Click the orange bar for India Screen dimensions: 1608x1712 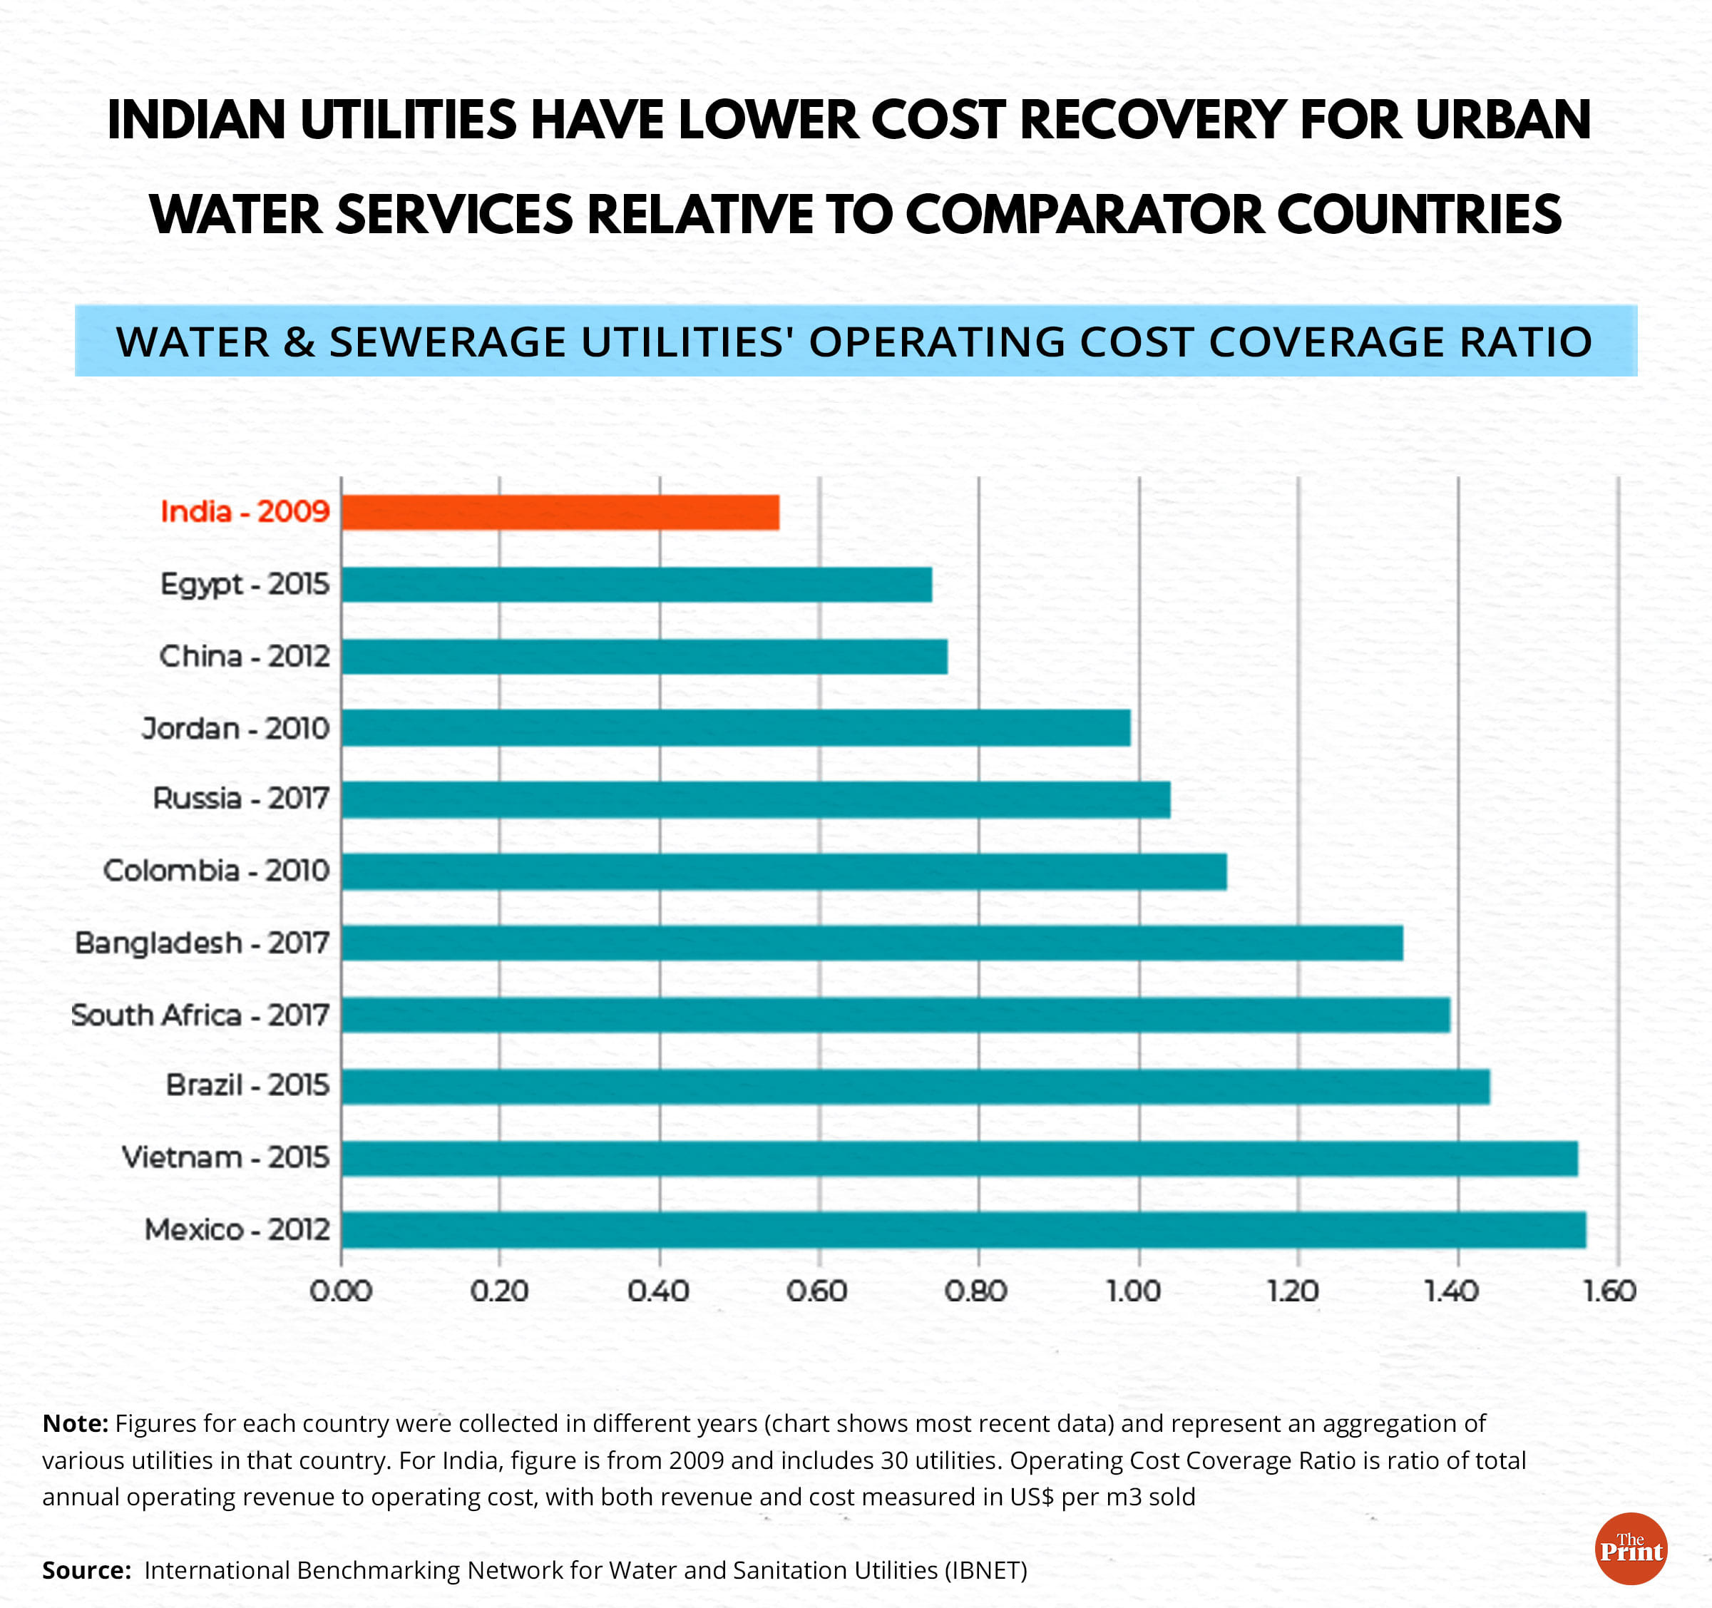[560, 513]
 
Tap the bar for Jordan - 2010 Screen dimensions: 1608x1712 [735, 729]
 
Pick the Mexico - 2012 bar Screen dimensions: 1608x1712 [963, 1229]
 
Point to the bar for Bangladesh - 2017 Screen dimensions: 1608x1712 [871, 943]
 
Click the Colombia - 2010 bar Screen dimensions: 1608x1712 [784, 871]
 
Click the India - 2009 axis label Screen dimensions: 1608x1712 [245, 511]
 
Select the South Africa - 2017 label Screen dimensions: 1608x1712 [200, 1015]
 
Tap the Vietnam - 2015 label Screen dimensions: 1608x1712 [225, 1157]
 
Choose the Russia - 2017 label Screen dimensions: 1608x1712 [241, 799]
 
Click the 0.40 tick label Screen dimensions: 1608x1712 [658, 1291]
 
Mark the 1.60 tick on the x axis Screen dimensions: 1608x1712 [1609, 1291]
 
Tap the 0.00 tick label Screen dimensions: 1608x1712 [341, 1291]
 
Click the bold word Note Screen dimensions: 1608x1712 [75, 1424]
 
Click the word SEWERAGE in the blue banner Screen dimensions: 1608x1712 [448, 342]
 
